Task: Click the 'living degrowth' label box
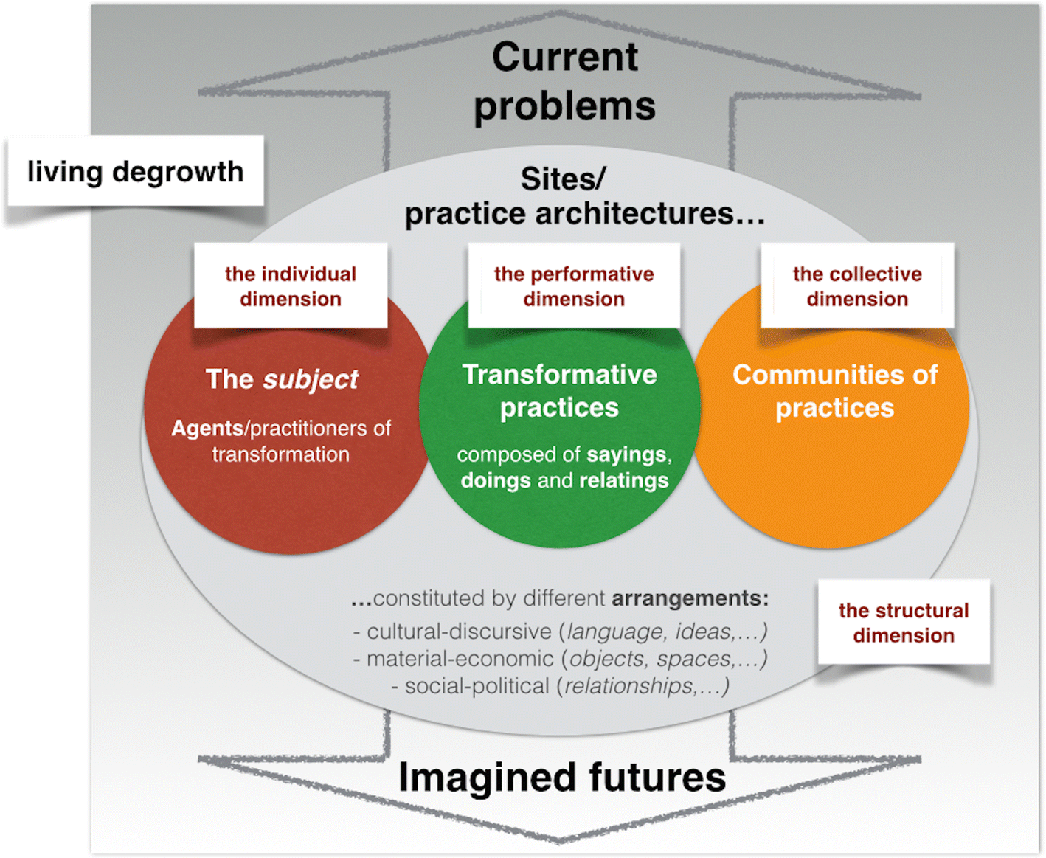(x=135, y=171)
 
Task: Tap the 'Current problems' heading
(x=564, y=81)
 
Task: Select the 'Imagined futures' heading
(x=562, y=777)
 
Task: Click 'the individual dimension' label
(x=291, y=286)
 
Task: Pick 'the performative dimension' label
(x=574, y=286)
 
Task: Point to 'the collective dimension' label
(x=857, y=286)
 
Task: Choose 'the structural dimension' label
(x=904, y=623)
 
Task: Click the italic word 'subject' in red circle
(x=311, y=379)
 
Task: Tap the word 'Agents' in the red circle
(x=207, y=429)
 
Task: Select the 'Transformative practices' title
(x=559, y=391)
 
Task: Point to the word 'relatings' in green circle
(x=623, y=481)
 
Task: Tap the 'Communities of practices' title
(x=834, y=391)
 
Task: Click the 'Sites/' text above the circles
(x=563, y=179)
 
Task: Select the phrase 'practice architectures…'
(x=584, y=213)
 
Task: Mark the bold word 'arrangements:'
(x=690, y=598)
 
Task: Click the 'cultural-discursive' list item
(x=459, y=632)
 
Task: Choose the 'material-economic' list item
(x=460, y=659)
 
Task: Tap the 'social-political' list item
(x=477, y=686)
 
